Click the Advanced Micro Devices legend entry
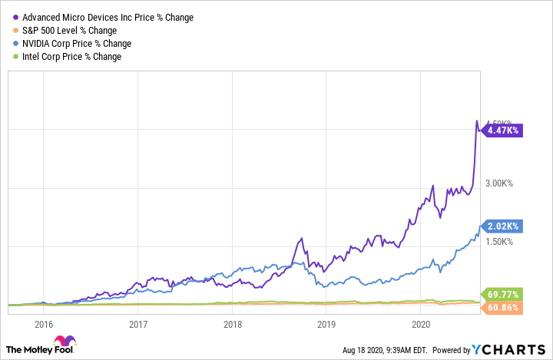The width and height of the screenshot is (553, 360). (x=108, y=17)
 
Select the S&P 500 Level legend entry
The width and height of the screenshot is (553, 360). (x=69, y=30)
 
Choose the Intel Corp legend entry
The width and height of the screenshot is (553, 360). (x=71, y=56)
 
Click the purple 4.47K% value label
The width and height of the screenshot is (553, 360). (x=503, y=130)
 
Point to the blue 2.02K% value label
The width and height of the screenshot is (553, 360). (x=503, y=226)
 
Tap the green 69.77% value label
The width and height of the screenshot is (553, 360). (x=503, y=294)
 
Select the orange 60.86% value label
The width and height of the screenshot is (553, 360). (x=503, y=308)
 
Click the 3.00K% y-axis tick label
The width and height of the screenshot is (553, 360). (x=502, y=183)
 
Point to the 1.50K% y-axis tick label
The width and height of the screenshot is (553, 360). (x=502, y=242)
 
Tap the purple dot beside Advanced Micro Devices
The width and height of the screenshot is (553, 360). (x=17, y=17)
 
